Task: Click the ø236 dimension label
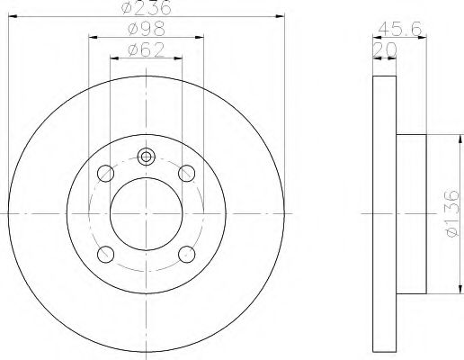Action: click(x=146, y=7)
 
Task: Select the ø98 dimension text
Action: click(x=147, y=29)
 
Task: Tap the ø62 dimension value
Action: click(x=147, y=49)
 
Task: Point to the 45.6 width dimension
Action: click(x=400, y=29)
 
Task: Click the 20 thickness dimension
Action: click(x=384, y=49)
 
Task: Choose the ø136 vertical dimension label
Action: click(x=452, y=213)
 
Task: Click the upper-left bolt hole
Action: click(x=106, y=174)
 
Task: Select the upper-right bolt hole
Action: click(x=187, y=174)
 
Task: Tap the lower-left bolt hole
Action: click(x=106, y=254)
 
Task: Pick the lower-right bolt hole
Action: click(x=187, y=254)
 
